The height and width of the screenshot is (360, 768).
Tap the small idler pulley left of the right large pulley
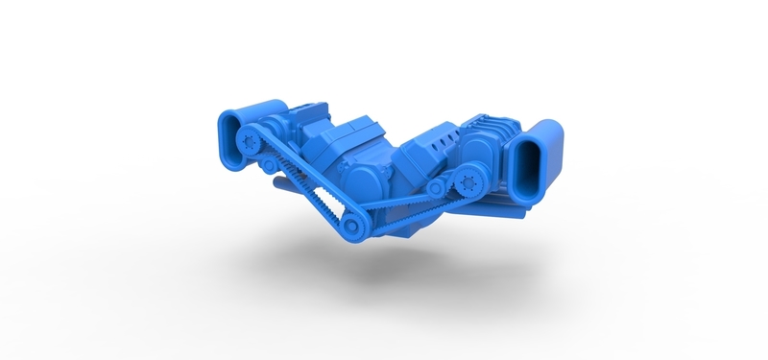(440, 190)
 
